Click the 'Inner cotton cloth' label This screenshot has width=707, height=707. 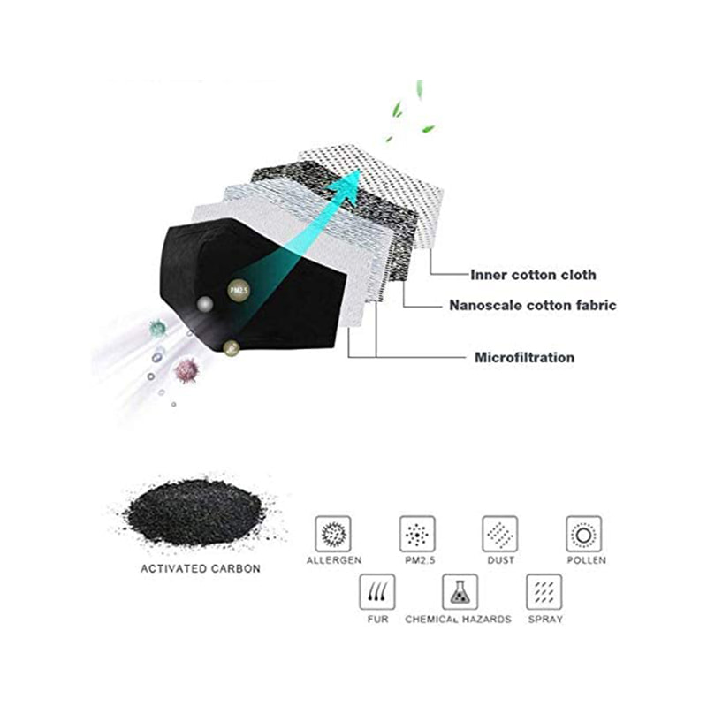coord(533,275)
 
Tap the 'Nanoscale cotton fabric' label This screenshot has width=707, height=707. coord(533,305)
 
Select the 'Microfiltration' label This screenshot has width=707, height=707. coord(524,358)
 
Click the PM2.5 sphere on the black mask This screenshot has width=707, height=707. coord(239,291)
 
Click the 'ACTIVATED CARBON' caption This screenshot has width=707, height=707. coord(201,568)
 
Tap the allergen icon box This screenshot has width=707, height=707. coord(333,534)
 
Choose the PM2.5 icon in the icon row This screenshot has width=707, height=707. coord(417,534)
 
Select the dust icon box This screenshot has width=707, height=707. coord(500,534)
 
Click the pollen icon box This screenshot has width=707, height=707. coord(584,534)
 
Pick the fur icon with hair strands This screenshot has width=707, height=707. coord(377,592)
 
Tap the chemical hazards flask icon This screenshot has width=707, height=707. coord(460,592)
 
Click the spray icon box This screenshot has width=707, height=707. coord(544,592)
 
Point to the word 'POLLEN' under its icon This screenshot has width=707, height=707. coord(586,560)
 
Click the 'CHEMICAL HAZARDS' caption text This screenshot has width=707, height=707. coord(458,620)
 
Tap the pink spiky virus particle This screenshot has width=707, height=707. coord(186,370)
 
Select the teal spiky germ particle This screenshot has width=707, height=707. coord(158,328)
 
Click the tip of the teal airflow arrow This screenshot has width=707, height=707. coord(360,169)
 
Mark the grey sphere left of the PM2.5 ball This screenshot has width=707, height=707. coord(205,304)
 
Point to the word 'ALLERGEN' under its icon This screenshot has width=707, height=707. coord(334,560)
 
